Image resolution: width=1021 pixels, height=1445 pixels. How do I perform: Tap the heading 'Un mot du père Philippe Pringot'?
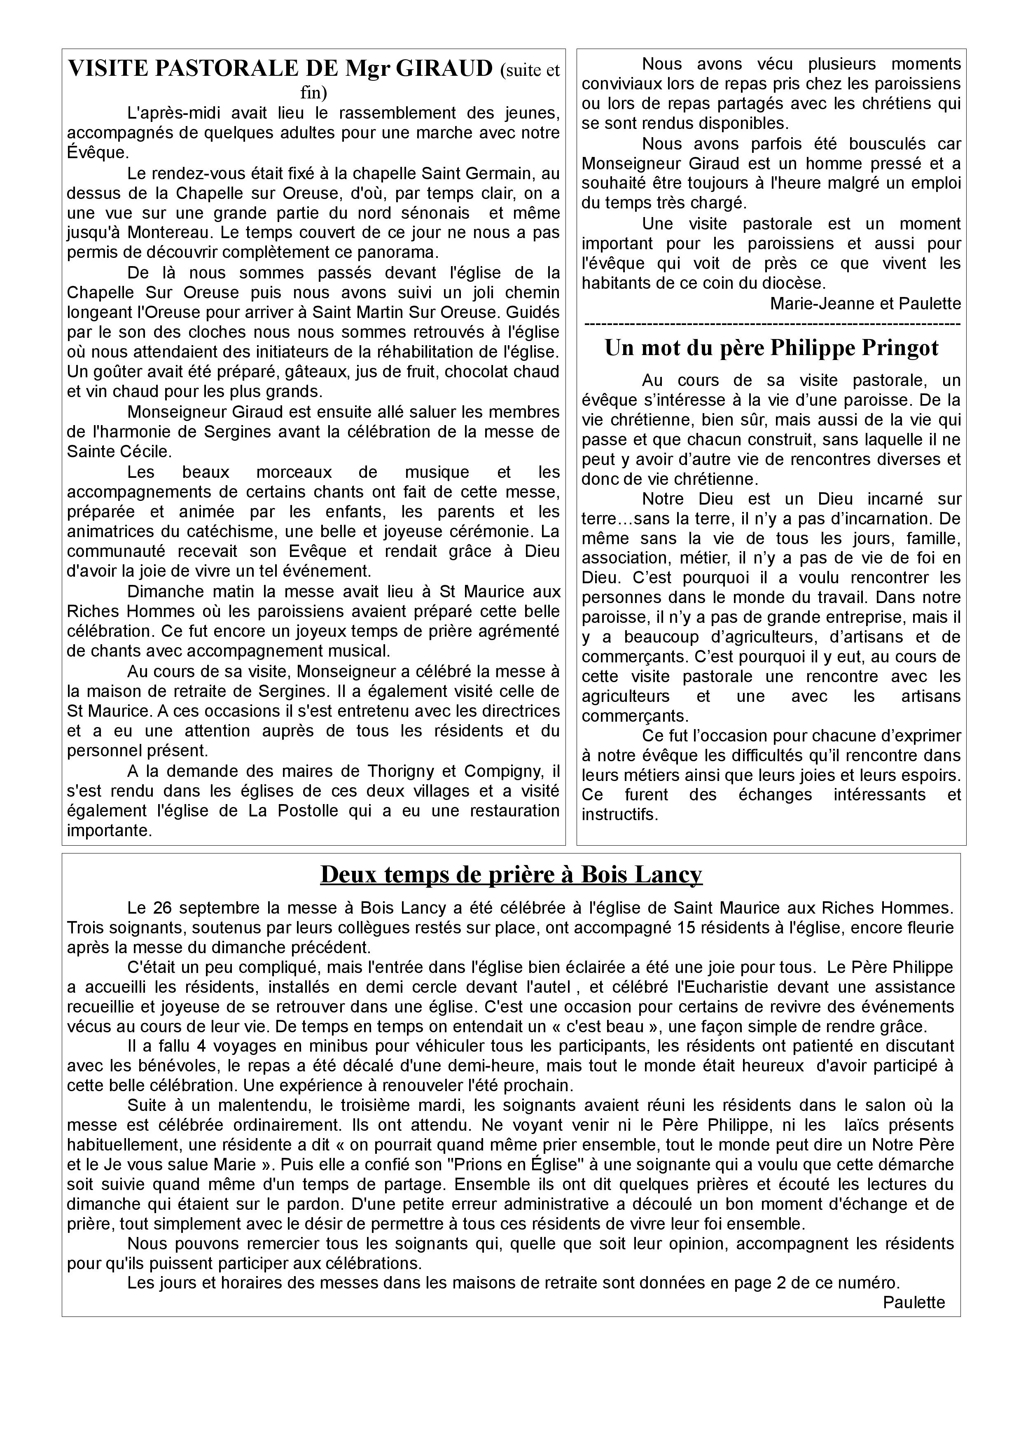[x=771, y=347]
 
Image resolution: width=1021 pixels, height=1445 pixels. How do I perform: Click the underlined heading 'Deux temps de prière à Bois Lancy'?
[x=511, y=874]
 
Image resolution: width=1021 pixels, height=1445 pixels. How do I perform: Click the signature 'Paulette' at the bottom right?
[x=914, y=1302]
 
